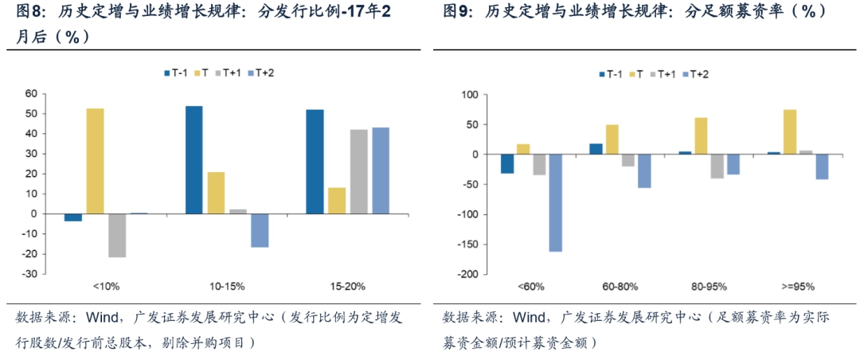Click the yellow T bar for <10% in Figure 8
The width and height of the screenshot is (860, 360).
pos(95,161)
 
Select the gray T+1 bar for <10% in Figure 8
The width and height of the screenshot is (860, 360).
pos(117,235)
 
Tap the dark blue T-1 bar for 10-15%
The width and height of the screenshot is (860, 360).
pos(193,159)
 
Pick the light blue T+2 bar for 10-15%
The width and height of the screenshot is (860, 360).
pos(260,230)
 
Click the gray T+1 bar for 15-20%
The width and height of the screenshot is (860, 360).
pos(358,171)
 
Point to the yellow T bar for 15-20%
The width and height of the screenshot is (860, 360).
pos(337,201)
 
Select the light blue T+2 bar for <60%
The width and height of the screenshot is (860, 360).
pos(555,202)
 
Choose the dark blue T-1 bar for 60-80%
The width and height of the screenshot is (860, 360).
pos(596,148)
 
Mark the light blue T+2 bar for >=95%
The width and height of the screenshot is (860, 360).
pos(822,166)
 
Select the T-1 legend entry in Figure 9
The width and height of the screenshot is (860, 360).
pos(611,74)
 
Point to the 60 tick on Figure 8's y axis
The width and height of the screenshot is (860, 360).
pos(31,94)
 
